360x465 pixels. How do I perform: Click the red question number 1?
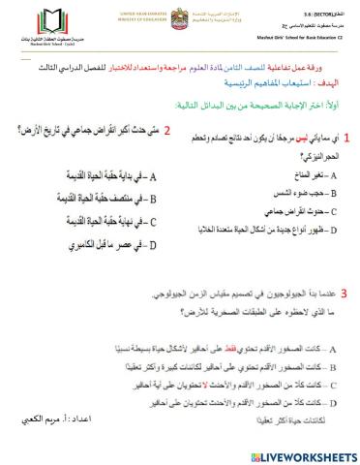click(x=347, y=140)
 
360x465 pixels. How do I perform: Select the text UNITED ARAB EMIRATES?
click(x=144, y=9)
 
